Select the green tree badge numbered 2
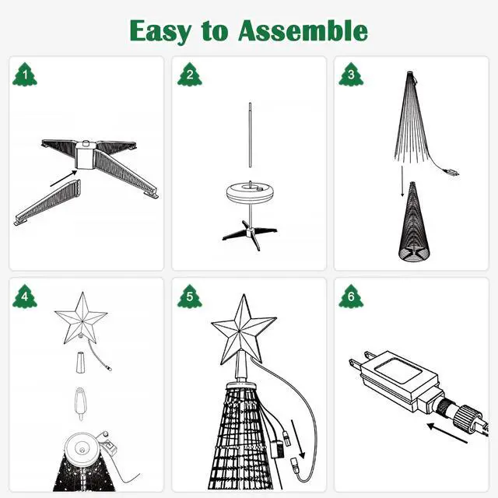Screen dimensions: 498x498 [x=189, y=75]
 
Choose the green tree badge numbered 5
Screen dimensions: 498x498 [x=189, y=296]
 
